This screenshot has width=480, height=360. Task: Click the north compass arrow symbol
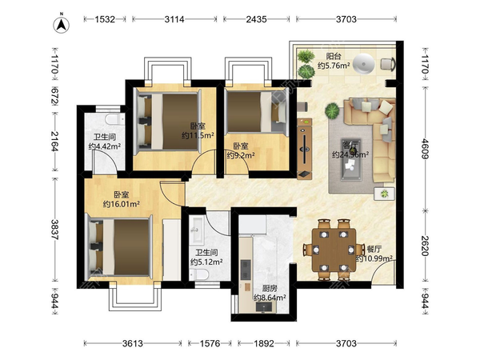tap(62, 25)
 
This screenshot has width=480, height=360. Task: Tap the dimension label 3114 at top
tap(174, 19)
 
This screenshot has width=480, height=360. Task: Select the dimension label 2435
tap(256, 19)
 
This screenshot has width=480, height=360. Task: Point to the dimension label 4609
tap(425, 149)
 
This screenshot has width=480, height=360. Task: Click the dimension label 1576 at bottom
tap(210, 343)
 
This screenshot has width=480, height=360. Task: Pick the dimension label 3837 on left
tap(55, 230)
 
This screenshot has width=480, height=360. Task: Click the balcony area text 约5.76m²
tap(334, 66)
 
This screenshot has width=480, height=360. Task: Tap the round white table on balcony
tap(364, 64)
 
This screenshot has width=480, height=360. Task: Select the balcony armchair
tap(388, 64)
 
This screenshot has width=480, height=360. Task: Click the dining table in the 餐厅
tap(334, 250)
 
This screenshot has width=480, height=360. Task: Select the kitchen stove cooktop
tap(246, 270)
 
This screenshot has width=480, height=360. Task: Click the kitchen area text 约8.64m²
tap(270, 298)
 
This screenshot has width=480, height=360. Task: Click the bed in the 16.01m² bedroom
tap(120, 246)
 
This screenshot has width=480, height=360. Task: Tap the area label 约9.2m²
tap(241, 155)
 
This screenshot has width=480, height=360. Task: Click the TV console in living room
tap(305, 149)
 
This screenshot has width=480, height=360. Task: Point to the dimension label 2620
tap(425, 246)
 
